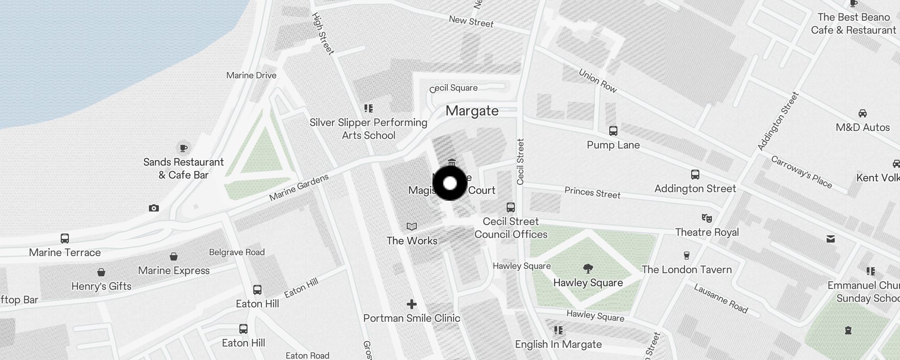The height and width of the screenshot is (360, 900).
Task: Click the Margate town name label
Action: (x=472, y=111)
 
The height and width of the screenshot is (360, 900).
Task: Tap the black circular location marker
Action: (x=450, y=183)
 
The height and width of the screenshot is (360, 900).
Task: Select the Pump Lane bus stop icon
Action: (x=613, y=131)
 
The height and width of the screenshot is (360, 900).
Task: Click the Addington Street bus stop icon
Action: (x=695, y=175)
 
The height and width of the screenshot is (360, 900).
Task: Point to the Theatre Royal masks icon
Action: (x=707, y=218)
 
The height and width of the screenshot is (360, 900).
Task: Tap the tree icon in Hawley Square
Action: (x=588, y=269)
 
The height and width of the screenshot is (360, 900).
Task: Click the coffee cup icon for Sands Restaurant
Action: (x=183, y=148)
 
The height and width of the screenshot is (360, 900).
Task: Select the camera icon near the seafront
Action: (x=154, y=208)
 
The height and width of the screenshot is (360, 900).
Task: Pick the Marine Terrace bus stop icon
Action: (x=65, y=238)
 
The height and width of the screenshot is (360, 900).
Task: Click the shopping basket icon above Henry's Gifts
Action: (x=101, y=272)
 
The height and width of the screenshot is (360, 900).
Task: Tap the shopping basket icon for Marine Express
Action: (x=174, y=256)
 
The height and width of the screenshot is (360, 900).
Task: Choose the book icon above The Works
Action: (x=412, y=226)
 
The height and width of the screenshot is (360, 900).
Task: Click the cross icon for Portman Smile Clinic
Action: (x=411, y=305)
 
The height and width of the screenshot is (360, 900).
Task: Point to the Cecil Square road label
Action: (x=454, y=88)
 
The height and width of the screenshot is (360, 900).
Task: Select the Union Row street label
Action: (x=598, y=81)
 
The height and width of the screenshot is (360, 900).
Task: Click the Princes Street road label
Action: (x=592, y=193)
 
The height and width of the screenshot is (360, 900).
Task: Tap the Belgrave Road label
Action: (x=237, y=252)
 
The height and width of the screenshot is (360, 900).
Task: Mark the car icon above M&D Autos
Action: (x=863, y=113)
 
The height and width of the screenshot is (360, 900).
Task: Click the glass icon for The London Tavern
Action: (x=686, y=256)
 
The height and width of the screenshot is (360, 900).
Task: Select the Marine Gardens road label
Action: (x=299, y=187)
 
